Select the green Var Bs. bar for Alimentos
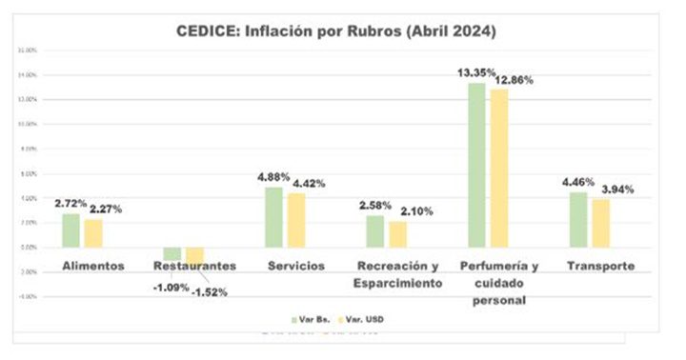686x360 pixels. [71, 230]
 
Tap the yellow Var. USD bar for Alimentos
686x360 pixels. [93, 233]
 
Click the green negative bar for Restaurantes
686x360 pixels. [171, 253]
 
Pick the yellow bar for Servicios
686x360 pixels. [296, 220]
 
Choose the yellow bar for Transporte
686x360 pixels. [600, 223]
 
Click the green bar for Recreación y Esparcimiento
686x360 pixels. [374, 230]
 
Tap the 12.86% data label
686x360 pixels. [514, 81]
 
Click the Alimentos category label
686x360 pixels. [93, 266]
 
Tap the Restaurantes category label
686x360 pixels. [194, 266]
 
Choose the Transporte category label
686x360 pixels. [600, 266]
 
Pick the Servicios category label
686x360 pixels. [295, 266]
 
